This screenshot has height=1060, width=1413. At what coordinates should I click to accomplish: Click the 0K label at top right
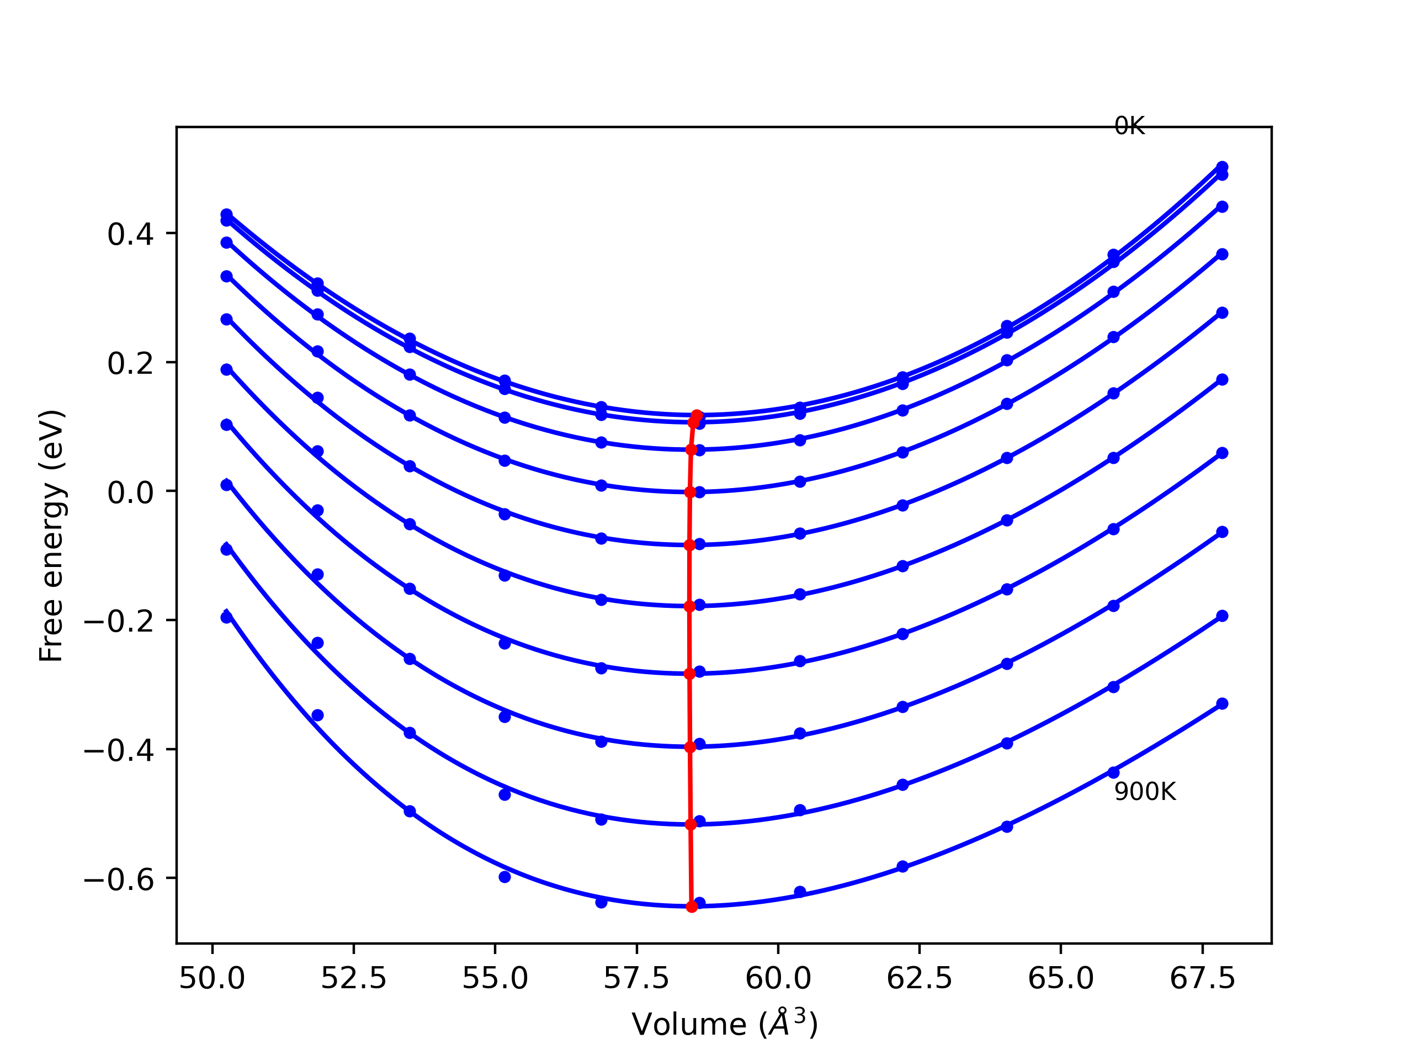(1129, 126)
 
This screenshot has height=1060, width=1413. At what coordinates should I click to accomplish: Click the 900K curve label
(1145, 792)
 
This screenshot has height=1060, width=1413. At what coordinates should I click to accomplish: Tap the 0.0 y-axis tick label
(130, 492)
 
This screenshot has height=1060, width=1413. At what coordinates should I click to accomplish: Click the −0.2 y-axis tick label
(119, 622)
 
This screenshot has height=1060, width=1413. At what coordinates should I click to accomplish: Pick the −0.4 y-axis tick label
(119, 751)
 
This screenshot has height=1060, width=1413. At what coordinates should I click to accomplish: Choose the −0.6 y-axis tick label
(119, 880)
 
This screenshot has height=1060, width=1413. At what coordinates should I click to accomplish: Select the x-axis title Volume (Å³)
(724, 1025)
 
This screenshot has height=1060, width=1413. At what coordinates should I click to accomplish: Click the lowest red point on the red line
(692, 907)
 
